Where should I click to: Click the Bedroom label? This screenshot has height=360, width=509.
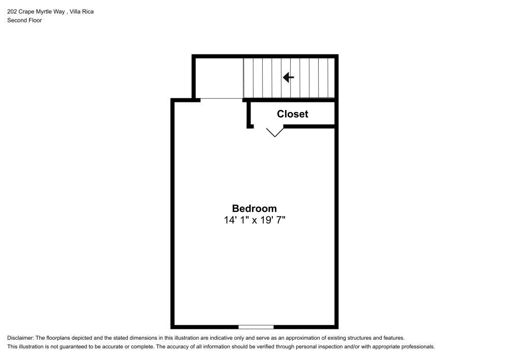(254, 208)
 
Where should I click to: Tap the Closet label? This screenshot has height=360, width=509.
(292, 114)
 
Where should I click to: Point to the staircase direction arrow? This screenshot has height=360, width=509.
(289, 77)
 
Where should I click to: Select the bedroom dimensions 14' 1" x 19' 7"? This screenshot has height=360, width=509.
(254, 220)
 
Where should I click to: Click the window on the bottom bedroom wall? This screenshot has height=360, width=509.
(256, 326)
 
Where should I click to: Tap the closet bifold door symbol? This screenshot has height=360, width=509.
(275, 132)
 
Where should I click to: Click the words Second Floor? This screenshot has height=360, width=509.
(24, 20)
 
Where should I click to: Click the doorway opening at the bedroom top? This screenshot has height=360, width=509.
(221, 99)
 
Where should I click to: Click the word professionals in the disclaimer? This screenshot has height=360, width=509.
(418, 347)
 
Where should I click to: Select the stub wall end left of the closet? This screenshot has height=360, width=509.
(250, 125)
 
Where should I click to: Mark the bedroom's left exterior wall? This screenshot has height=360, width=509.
(173, 214)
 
